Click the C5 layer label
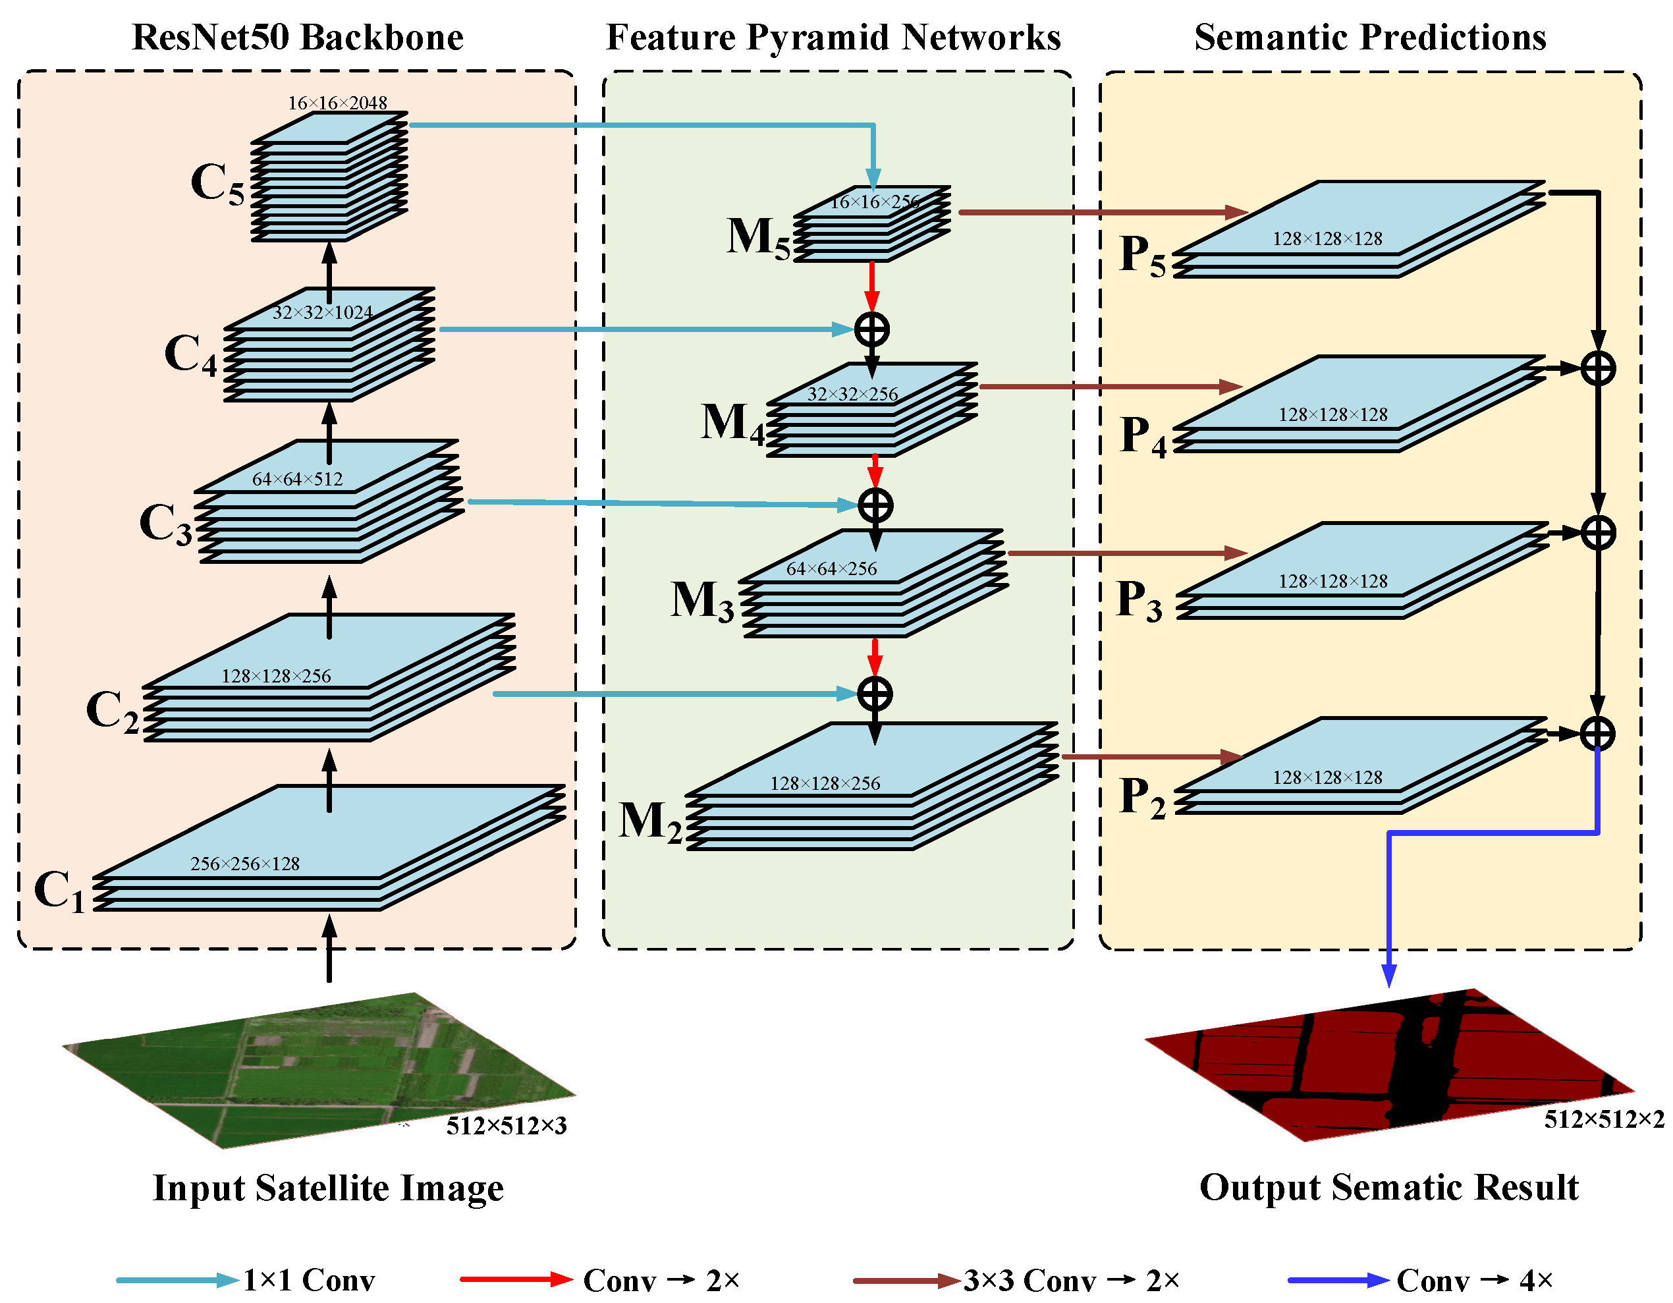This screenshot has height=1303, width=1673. click(217, 184)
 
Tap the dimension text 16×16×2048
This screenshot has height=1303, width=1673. click(337, 103)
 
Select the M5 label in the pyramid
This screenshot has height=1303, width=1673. click(757, 237)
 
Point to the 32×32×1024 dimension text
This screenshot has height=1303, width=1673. click(323, 312)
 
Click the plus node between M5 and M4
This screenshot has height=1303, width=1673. click(871, 330)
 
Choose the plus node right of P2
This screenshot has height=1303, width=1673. click(1598, 733)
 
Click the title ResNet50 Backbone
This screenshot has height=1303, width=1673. click(297, 37)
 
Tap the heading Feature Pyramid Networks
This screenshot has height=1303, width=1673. click(833, 37)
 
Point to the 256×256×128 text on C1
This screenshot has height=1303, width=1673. click(244, 864)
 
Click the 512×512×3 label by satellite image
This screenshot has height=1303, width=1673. click(507, 1125)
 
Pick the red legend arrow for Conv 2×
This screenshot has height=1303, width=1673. click(516, 1279)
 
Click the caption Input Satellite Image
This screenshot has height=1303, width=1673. click(328, 1188)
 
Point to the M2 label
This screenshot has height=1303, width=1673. click(649, 822)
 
